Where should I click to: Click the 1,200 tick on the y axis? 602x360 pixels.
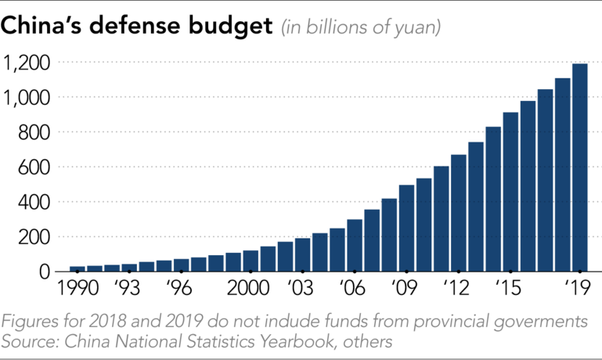click(x=27, y=63)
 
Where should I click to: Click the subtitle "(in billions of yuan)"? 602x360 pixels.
click(x=361, y=27)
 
